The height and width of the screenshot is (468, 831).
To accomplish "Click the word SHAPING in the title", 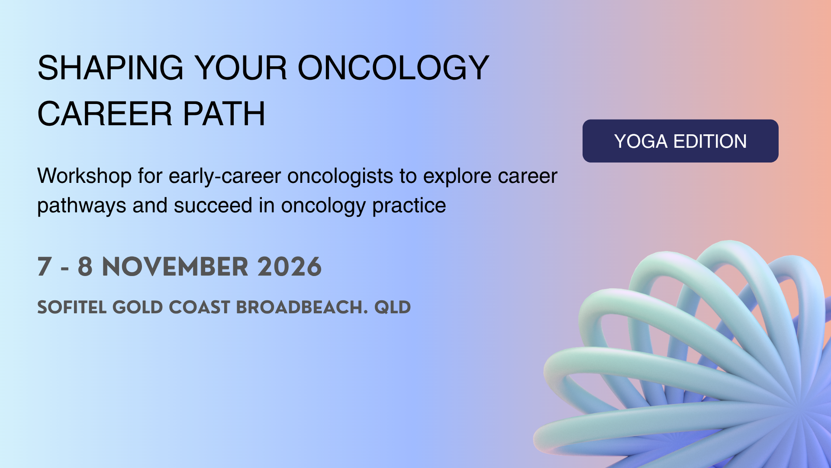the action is pos(110,68).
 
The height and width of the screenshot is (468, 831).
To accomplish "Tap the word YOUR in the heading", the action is pos(241,68).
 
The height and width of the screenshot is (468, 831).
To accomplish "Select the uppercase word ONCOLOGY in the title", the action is pos(393,68).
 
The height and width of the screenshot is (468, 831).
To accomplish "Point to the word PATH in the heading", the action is pos(224,114).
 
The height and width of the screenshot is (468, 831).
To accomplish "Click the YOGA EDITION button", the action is pos(680,141).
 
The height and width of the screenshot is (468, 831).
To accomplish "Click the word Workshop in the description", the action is pos(84,176).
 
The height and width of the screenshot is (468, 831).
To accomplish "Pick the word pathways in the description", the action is pos(82,206).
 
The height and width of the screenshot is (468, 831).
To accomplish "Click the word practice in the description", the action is pos(409,206).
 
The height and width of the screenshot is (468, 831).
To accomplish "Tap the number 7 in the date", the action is pos(45,266).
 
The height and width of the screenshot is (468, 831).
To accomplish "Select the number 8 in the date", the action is pos(85,266).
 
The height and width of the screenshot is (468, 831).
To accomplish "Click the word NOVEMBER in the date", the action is pos(175,266).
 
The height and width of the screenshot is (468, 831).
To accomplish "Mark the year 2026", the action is pos(290,266).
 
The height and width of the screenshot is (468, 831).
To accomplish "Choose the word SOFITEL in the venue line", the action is pos(72,307).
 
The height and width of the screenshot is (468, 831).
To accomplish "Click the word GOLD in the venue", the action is pos(138,307).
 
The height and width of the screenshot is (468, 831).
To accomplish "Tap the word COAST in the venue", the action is pos(200,307).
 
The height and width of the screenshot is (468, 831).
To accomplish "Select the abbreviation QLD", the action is pos(393,307).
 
